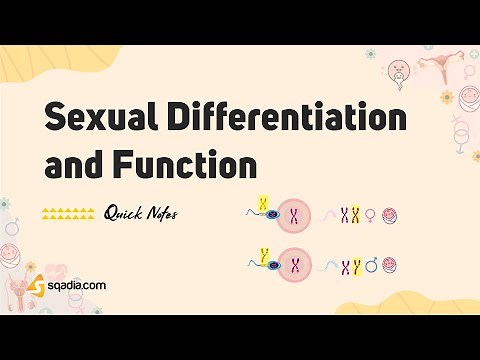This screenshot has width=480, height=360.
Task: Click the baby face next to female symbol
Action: (391, 213)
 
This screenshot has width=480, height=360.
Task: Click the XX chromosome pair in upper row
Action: (348, 213)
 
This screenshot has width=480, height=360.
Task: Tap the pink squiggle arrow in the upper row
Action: (328, 214)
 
